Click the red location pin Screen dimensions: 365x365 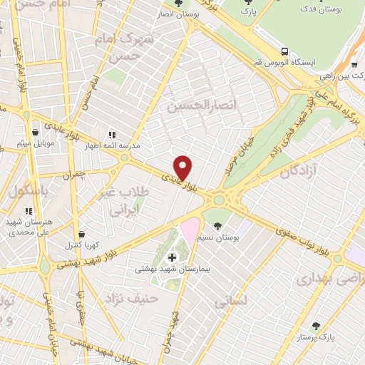[x=184, y=167]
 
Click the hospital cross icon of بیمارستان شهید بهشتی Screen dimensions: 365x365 [x=171, y=257]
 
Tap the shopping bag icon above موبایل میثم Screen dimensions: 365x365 [x=35, y=131]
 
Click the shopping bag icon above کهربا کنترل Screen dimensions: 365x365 [x=82, y=233]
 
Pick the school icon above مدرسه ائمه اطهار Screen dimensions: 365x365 [x=111, y=135]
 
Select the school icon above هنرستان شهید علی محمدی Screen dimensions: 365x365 [x=29, y=211]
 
